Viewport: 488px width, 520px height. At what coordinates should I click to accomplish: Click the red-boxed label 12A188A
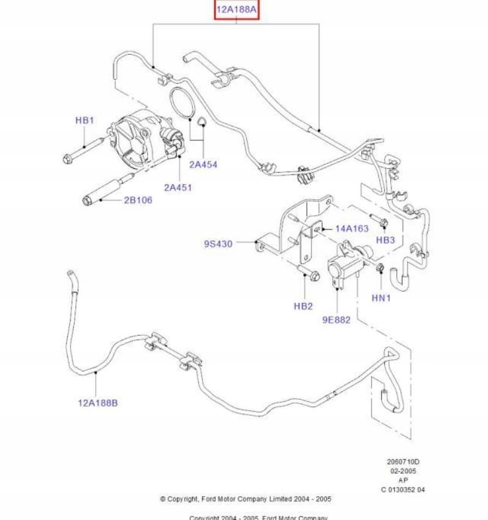(x=237, y=10)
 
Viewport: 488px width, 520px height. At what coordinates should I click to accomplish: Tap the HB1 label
(x=85, y=120)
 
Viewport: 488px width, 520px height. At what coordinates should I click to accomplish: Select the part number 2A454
(x=203, y=164)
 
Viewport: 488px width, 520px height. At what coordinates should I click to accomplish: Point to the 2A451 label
(x=178, y=187)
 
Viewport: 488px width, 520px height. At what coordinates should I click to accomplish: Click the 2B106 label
(x=138, y=200)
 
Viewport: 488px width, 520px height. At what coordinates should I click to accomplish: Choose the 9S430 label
(x=218, y=244)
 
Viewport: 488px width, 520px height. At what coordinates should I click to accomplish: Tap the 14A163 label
(x=352, y=229)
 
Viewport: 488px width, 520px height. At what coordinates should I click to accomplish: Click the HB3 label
(x=385, y=240)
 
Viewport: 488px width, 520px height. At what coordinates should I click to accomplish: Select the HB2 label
(x=303, y=306)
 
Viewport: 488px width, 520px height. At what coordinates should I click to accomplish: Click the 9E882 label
(x=336, y=319)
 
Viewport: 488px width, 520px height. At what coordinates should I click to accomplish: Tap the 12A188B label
(x=98, y=402)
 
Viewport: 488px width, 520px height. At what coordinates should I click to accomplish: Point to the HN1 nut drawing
(x=379, y=268)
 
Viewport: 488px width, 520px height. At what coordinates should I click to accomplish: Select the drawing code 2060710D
(x=403, y=461)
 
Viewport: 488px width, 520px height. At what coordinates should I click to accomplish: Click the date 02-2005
(x=403, y=471)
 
